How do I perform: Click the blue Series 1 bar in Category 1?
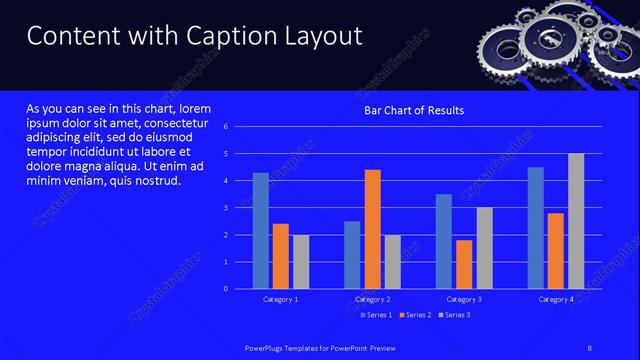pos(261,231)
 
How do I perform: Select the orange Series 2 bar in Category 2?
pos(372,229)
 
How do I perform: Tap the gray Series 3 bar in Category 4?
pos(576,221)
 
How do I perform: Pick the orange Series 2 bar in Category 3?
pos(464,264)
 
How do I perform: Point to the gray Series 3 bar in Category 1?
pos(301,262)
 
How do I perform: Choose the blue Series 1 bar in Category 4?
pos(536,228)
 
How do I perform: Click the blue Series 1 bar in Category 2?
pos(352,255)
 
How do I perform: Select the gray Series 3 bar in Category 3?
pos(484,248)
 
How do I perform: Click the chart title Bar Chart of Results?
pos(413,110)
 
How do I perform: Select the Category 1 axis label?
pos(281,299)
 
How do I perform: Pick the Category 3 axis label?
pos(464,299)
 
